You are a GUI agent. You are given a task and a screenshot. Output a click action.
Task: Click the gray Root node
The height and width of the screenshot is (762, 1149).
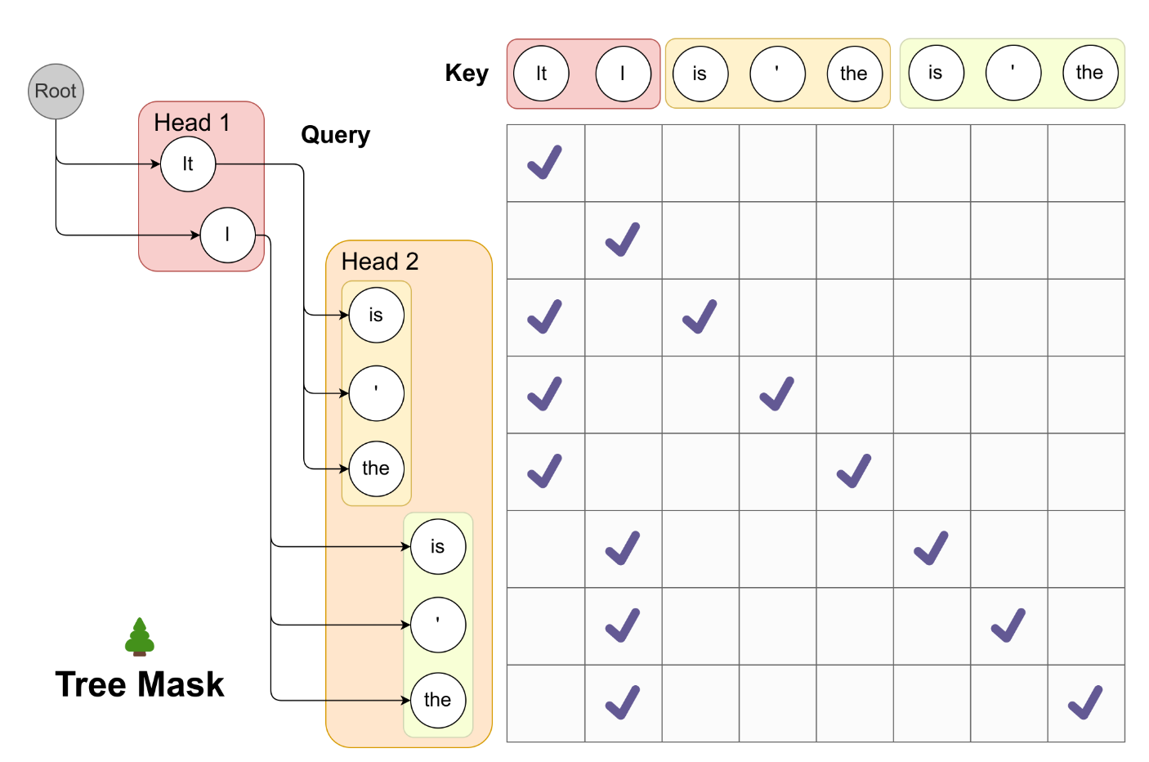pos(56,92)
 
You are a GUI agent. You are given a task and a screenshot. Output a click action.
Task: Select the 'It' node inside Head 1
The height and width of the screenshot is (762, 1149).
pos(188,164)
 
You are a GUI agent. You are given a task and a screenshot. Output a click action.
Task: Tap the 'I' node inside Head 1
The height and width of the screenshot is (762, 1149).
pos(227,235)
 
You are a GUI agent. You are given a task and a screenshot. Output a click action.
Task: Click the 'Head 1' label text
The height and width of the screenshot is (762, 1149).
pos(191,123)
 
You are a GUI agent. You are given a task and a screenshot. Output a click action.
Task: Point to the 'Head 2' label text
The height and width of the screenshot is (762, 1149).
pos(379,262)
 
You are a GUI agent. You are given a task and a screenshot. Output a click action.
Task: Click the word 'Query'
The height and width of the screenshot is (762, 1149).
pos(336,136)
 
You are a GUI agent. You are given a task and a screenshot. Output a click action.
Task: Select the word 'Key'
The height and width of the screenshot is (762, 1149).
pos(467,74)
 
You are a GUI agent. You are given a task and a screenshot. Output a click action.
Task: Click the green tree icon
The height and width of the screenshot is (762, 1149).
pos(140,637)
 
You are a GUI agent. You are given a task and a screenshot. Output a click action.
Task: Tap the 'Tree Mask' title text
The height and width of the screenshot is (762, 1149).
pos(140,684)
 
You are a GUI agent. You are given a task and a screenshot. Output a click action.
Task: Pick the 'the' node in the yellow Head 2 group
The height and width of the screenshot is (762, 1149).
pos(376,468)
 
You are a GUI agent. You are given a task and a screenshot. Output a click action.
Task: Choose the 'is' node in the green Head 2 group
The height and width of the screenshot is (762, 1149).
pos(438,546)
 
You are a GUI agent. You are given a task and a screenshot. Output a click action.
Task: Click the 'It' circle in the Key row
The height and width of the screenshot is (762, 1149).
pos(541,74)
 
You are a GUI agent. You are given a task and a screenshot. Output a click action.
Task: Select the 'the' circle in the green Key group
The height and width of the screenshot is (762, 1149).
pos(1090,72)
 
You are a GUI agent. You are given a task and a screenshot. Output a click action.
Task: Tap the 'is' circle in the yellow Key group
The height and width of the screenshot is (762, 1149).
pos(700,74)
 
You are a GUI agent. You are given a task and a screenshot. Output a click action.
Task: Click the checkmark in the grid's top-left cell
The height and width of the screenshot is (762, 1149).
pos(545,163)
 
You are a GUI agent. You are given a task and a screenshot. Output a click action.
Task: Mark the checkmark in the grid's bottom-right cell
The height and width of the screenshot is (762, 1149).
pos(1085,702)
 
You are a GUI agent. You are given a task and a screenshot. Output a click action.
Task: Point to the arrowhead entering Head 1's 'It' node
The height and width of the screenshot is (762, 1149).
pos(156,164)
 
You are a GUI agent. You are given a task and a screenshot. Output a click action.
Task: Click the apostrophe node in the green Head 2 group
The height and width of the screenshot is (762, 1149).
pos(438,625)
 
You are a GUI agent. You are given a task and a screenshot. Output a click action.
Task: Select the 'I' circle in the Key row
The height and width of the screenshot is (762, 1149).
pos(624,74)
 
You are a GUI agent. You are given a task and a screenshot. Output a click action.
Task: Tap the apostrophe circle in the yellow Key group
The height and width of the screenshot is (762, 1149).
pos(778,74)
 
